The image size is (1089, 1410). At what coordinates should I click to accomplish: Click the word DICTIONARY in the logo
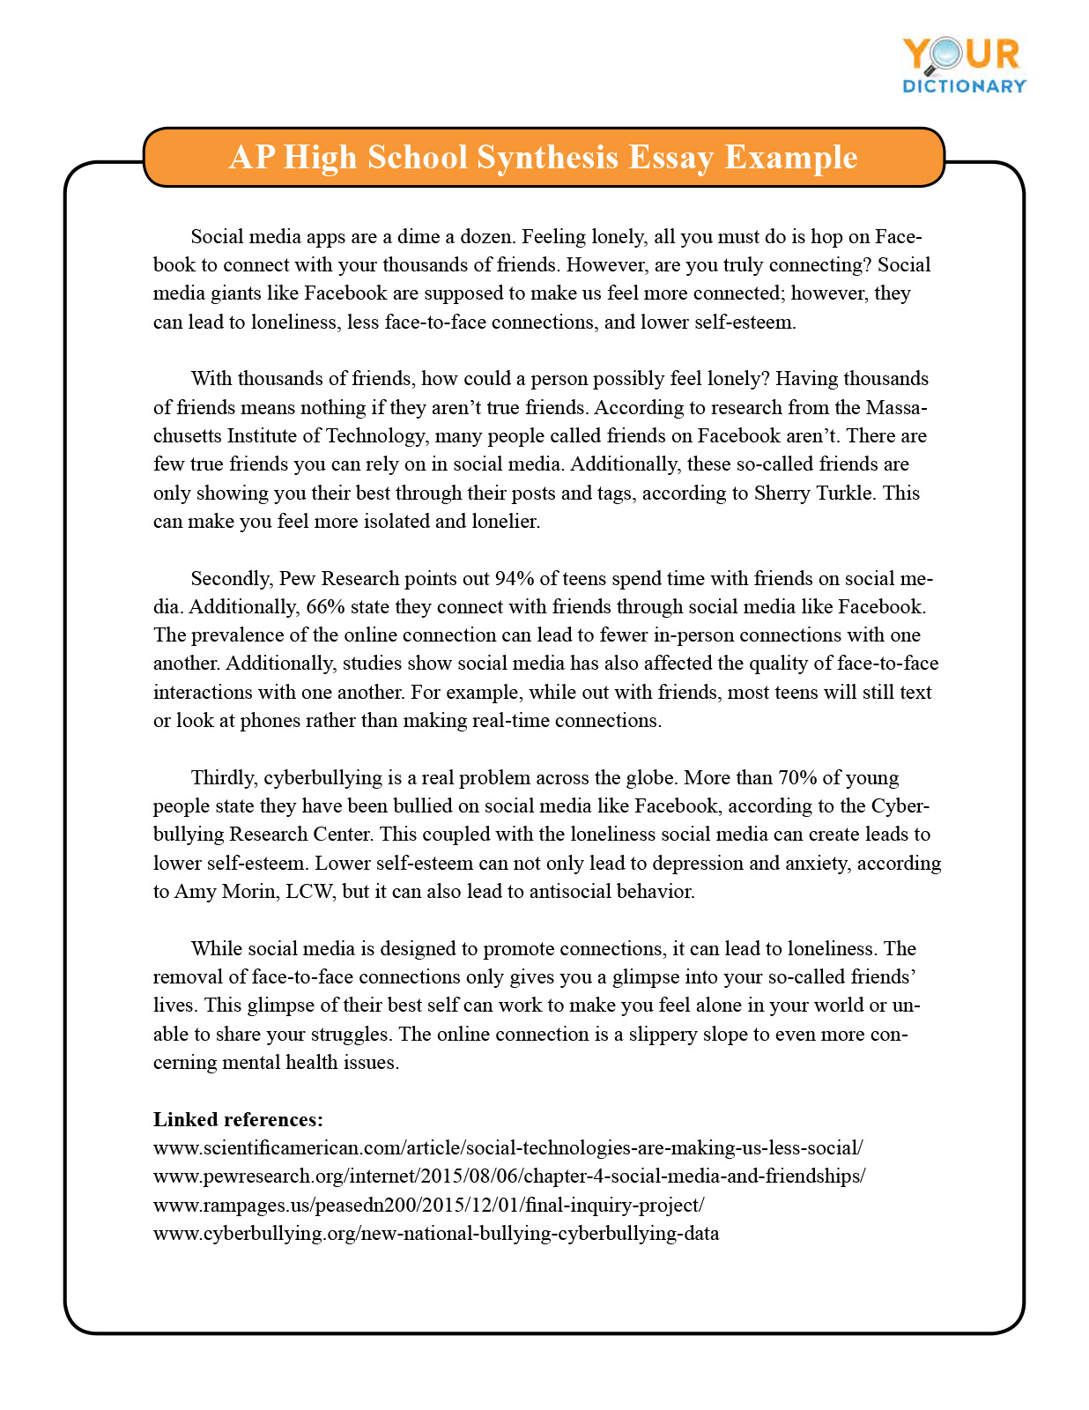pyautogui.click(x=964, y=86)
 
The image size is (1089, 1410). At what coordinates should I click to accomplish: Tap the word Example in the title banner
pyautogui.click(x=790, y=157)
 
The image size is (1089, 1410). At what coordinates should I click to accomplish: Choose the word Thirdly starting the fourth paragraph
pyautogui.click(x=223, y=777)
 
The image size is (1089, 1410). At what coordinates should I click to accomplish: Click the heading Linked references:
pyautogui.click(x=238, y=1119)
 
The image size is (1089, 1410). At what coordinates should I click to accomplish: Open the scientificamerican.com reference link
pyautogui.click(x=507, y=1147)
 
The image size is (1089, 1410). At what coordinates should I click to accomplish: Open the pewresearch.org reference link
pyautogui.click(x=509, y=1176)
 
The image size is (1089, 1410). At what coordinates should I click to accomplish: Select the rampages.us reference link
pyautogui.click(x=428, y=1205)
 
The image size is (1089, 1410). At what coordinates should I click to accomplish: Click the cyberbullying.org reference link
pyautogui.click(x=435, y=1233)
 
